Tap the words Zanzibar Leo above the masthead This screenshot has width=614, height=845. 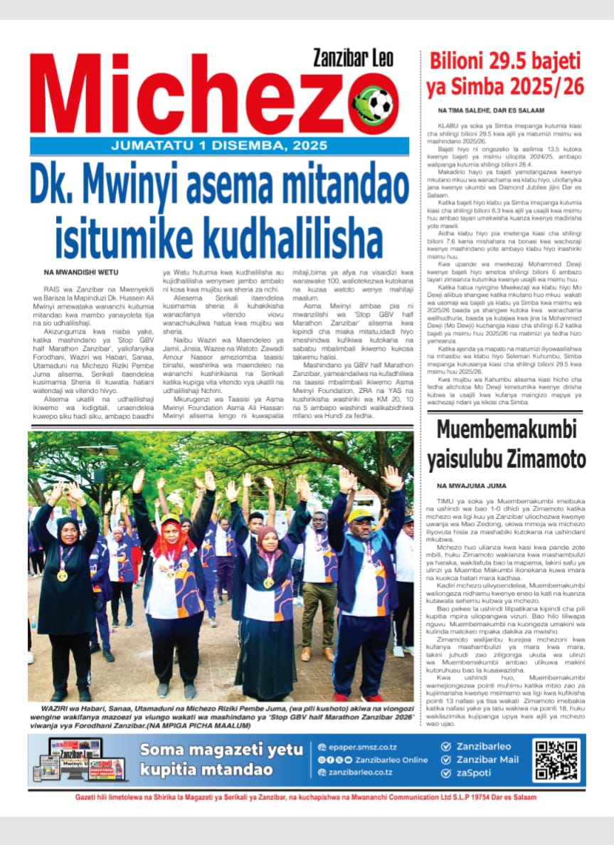click(x=353, y=58)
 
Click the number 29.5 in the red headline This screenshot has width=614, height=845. click(x=507, y=61)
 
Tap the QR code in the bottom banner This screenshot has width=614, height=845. click(x=556, y=760)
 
